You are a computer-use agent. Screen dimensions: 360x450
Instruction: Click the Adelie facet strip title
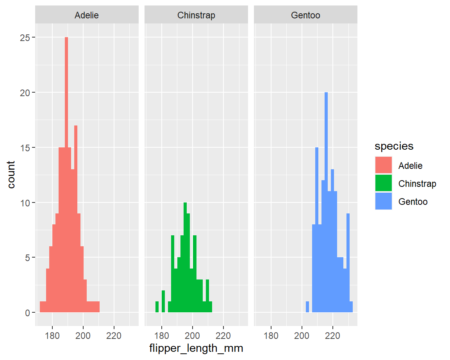tap(86, 16)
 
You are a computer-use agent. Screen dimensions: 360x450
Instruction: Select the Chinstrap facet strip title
tap(196, 16)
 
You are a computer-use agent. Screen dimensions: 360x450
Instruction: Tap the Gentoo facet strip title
tap(305, 16)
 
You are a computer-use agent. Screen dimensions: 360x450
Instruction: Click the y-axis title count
tap(11, 175)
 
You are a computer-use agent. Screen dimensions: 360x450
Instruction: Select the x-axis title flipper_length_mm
tap(196, 348)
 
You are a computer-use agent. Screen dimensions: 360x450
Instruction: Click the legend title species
tap(394, 146)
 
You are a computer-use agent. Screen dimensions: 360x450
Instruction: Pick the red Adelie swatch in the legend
tap(383, 165)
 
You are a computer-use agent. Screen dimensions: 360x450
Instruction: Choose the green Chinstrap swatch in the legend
tap(383, 183)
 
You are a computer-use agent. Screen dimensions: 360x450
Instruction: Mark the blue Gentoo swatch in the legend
tap(383, 201)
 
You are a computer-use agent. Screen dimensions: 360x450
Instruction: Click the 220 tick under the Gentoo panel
tap(333, 335)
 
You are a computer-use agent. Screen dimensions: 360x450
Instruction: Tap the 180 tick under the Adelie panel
tap(52, 335)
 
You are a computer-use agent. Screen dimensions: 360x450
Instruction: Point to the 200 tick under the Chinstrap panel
tap(193, 335)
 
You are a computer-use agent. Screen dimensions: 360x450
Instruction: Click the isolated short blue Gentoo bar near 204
tap(307, 307)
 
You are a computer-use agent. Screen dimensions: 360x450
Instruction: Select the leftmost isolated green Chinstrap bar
tap(157, 307)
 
